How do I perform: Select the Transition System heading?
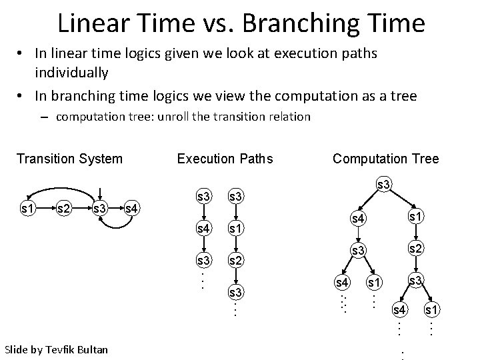point(69,159)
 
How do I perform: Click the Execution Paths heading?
point(225,159)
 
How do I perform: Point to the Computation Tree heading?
point(385,159)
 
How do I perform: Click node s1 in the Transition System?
point(28,209)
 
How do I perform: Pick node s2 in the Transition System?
point(64,209)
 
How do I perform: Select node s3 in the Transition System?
point(101,209)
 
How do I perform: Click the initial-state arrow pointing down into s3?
point(99,191)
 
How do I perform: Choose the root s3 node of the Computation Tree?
point(385,183)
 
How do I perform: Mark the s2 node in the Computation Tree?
point(416,249)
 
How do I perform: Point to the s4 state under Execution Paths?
point(204,228)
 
